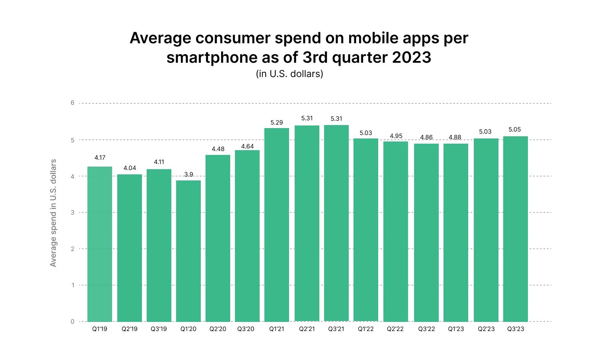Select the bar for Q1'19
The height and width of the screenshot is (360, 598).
100,244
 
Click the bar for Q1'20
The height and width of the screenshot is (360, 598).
188,251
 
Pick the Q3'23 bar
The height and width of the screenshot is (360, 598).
515,229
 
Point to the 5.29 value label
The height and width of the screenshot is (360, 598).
277,122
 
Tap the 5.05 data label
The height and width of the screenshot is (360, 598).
515,129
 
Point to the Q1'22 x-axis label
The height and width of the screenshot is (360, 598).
366,329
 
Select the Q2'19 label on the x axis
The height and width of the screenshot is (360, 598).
129,329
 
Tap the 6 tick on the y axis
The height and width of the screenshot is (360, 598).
73,103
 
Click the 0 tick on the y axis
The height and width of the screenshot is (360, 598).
73,321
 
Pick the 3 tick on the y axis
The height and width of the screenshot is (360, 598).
73,212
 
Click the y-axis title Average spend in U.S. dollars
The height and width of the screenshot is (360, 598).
53,213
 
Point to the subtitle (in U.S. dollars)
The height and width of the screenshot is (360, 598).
290,74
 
